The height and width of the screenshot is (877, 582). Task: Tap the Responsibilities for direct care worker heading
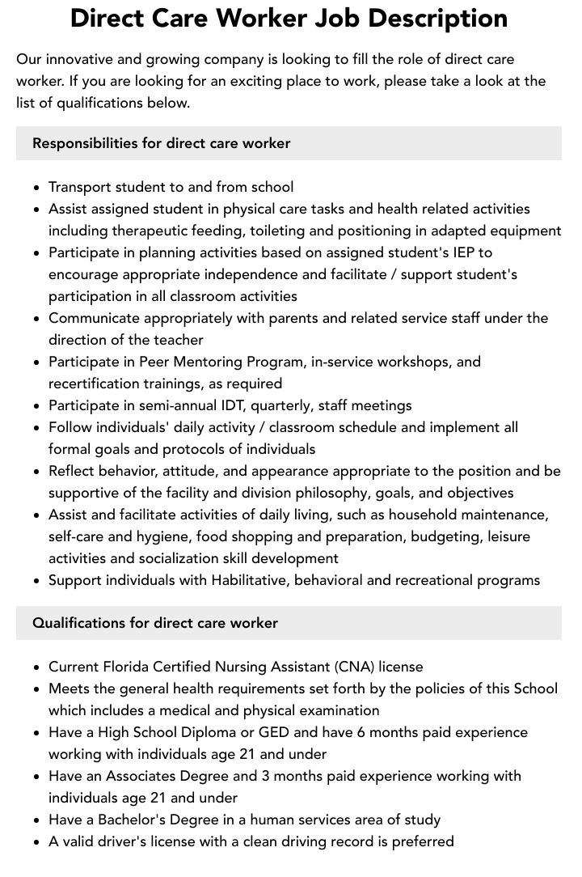pos(161,143)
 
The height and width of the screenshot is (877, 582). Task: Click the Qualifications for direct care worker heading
pos(154,623)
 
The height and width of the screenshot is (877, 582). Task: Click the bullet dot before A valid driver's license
pos(37,842)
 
